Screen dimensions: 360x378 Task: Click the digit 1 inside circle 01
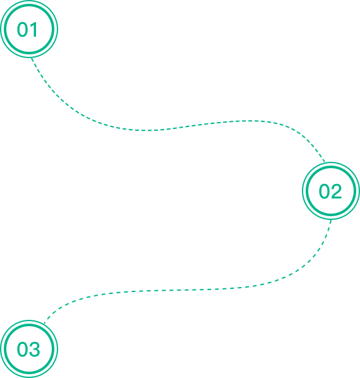tap(34, 30)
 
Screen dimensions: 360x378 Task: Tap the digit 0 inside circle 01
tap(23, 30)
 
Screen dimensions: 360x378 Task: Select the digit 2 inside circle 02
tap(336, 191)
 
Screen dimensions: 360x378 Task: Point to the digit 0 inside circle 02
tap(324, 191)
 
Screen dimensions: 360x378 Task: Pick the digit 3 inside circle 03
tap(34, 349)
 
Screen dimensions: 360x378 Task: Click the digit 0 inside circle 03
tap(23, 349)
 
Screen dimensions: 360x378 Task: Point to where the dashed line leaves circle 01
tap(32, 58)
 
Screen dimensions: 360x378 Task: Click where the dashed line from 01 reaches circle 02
tap(325, 162)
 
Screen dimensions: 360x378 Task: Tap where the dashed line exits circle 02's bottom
tap(331, 219)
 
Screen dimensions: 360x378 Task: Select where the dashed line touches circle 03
tap(44, 324)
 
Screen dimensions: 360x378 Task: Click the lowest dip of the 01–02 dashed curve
tap(147, 130)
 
